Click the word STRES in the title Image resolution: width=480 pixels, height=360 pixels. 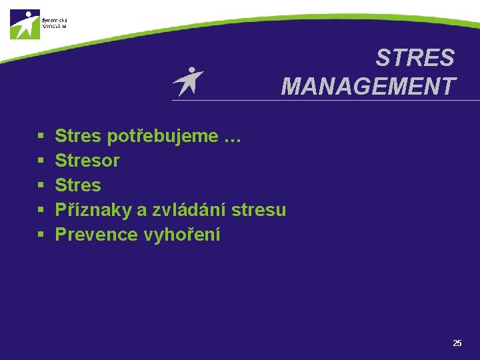point(415,59)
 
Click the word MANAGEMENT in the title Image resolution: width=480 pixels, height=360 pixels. point(368,87)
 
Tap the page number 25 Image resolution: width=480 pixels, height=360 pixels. point(457,343)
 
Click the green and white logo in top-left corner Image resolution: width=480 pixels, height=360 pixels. point(25,25)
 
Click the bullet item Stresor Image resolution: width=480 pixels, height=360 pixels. point(87,161)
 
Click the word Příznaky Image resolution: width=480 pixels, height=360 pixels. point(93,210)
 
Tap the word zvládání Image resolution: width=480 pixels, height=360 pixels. point(190,210)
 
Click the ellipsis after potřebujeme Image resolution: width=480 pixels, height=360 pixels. point(232,137)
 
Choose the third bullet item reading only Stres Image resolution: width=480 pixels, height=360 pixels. point(78,185)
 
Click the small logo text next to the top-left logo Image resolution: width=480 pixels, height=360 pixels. point(54,23)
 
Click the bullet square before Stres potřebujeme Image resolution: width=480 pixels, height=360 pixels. point(41,137)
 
